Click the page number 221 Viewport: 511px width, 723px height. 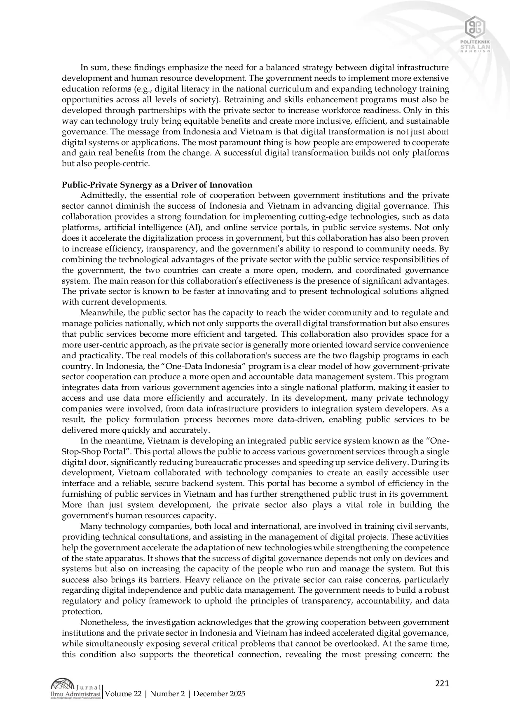442,684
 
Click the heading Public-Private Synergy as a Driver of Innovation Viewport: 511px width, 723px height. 157,185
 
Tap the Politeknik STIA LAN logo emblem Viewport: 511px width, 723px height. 475,27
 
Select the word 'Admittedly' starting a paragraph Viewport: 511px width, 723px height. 99,195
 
